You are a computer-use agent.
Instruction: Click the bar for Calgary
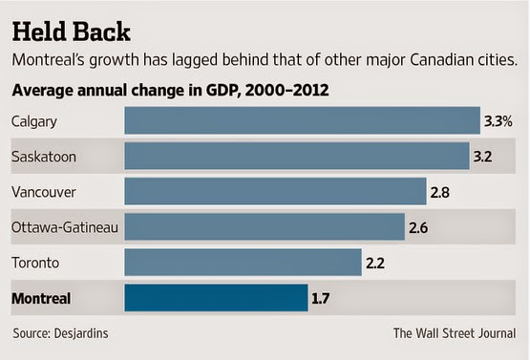[302, 120]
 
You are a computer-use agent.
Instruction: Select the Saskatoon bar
[297, 156]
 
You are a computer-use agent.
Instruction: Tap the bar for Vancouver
[275, 191]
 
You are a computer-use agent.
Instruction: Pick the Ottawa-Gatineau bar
[265, 227]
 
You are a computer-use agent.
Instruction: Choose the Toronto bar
[243, 263]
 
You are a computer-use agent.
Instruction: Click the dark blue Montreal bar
[216, 298]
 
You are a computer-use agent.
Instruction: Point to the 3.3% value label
[498, 121]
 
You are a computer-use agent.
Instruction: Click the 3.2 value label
[482, 157]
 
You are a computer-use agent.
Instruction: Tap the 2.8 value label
[439, 192]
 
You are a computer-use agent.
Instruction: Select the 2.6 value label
[418, 228]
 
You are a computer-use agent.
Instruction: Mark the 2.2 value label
[375, 263]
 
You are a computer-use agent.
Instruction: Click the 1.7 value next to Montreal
[320, 299]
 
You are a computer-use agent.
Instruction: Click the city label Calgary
[34, 121]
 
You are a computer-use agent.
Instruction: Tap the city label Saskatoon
[44, 157]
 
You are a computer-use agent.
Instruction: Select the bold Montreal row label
[41, 299]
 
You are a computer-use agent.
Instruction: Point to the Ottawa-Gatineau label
[65, 227]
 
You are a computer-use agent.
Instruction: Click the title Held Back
[71, 32]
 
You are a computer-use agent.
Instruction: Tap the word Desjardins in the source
[81, 333]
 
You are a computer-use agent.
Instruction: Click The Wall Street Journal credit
[455, 333]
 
